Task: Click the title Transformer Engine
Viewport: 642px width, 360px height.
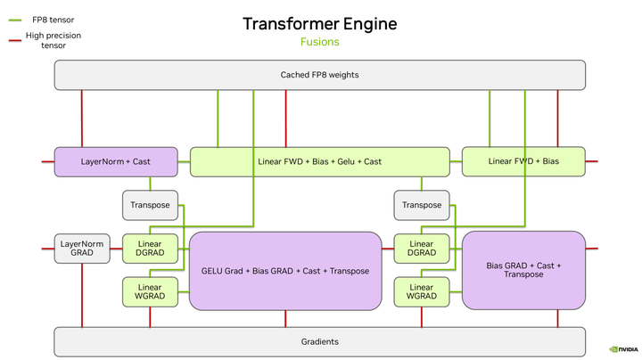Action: pos(320,23)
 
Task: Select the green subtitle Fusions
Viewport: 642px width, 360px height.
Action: pos(320,42)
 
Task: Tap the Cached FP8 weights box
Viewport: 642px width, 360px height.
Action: pos(320,75)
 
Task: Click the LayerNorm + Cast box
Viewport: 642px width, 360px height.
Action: pos(116,161)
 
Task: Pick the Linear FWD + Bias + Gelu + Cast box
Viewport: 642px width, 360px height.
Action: pos(319,161)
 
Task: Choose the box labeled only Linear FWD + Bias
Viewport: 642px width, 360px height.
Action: pos(523,161)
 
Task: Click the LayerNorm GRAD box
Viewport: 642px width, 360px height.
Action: pos(82,249)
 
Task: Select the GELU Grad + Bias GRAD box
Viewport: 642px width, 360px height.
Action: pos(285,270)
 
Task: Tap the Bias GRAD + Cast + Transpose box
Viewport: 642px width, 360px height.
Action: pos(523,270)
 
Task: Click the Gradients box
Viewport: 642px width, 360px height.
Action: pos(320,341)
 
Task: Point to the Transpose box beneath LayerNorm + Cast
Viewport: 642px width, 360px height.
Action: pos(150,205)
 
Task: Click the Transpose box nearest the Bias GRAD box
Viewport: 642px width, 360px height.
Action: pos(422,205)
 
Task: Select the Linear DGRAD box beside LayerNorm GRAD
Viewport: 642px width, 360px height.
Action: pos(150,248)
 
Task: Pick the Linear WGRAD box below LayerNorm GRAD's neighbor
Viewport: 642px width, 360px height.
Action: pos(150,291)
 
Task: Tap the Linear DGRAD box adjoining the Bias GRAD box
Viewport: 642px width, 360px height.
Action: pos(422,248)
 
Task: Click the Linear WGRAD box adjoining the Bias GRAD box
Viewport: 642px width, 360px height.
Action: pos(422,291)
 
